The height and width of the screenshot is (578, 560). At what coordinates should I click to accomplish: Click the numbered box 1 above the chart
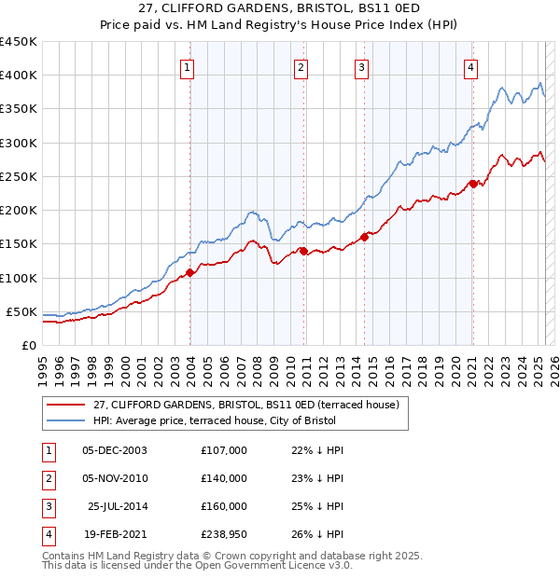(188, 67)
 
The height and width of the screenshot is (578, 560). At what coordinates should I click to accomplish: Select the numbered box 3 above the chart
(361, 67)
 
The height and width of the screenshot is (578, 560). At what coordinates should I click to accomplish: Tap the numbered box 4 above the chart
(471, 67)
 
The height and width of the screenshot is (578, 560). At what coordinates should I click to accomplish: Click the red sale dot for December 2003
(189, 272)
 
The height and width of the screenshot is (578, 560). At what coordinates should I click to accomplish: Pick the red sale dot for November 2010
(303, 250)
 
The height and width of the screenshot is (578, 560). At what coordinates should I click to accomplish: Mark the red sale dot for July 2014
(364, 237)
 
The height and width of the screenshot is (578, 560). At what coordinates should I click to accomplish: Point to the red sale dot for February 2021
(473, 184)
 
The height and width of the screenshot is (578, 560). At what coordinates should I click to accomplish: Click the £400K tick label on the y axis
(19, 76)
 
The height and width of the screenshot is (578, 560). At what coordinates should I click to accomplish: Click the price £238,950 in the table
(224, 535)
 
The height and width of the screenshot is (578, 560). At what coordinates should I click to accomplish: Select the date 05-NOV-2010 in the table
(115, 478)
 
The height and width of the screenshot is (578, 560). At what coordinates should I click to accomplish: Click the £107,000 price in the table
(224, 450)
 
